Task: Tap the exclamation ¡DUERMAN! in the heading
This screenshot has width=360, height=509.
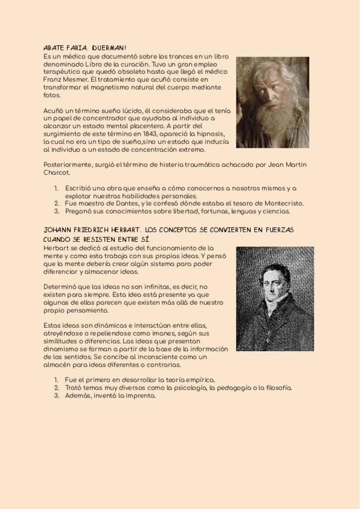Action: (x=109, y=47)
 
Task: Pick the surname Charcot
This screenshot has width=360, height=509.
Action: (x=58, y=173)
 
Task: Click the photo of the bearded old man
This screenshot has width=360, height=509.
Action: (x=272, y=102)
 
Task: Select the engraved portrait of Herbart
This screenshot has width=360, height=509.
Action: (x=275, y=298)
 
